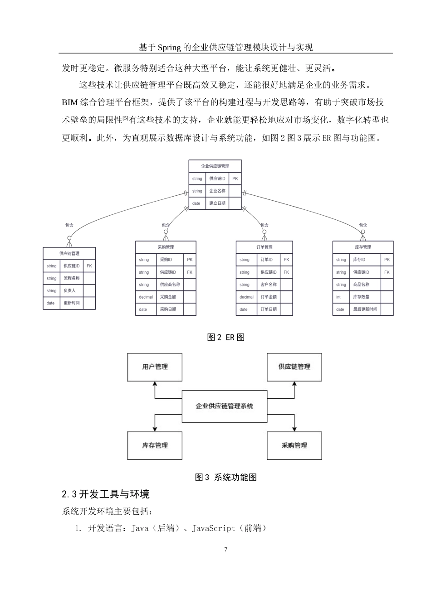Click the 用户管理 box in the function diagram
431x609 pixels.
click(154, 367)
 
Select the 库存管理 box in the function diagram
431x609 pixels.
click(154, 445)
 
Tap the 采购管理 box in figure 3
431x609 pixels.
click(294, 445)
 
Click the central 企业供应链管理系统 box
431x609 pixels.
click(224, 406)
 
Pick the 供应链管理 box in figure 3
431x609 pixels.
click(294, 367)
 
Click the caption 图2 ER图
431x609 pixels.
click(225, 338)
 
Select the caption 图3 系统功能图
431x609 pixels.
click(225, 477)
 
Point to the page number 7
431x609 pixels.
click(226, 550)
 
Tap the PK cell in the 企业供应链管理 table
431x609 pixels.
click(235, 179)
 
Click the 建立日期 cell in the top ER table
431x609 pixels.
click(217, 203)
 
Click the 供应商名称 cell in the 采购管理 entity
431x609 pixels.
click(170, 285)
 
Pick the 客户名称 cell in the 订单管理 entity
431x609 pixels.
click(269, 285)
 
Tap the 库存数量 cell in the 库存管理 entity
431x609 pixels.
click(361, 297)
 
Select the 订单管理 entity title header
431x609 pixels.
click(264, 247)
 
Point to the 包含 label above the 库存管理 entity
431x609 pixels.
click(363, 225)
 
